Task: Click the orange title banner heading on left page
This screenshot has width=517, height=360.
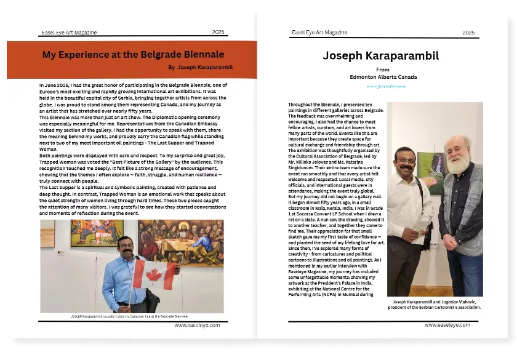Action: coord(133,55)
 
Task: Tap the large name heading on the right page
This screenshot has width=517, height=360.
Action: coord(380,56)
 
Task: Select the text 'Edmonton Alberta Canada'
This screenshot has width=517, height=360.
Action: coord(383,77)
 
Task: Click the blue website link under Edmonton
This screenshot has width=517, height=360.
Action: coord(383,87)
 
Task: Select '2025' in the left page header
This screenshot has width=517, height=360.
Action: coord(218,32)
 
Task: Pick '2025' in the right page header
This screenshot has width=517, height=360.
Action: coord(468,32)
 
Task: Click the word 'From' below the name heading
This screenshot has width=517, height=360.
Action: coord(383,70)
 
